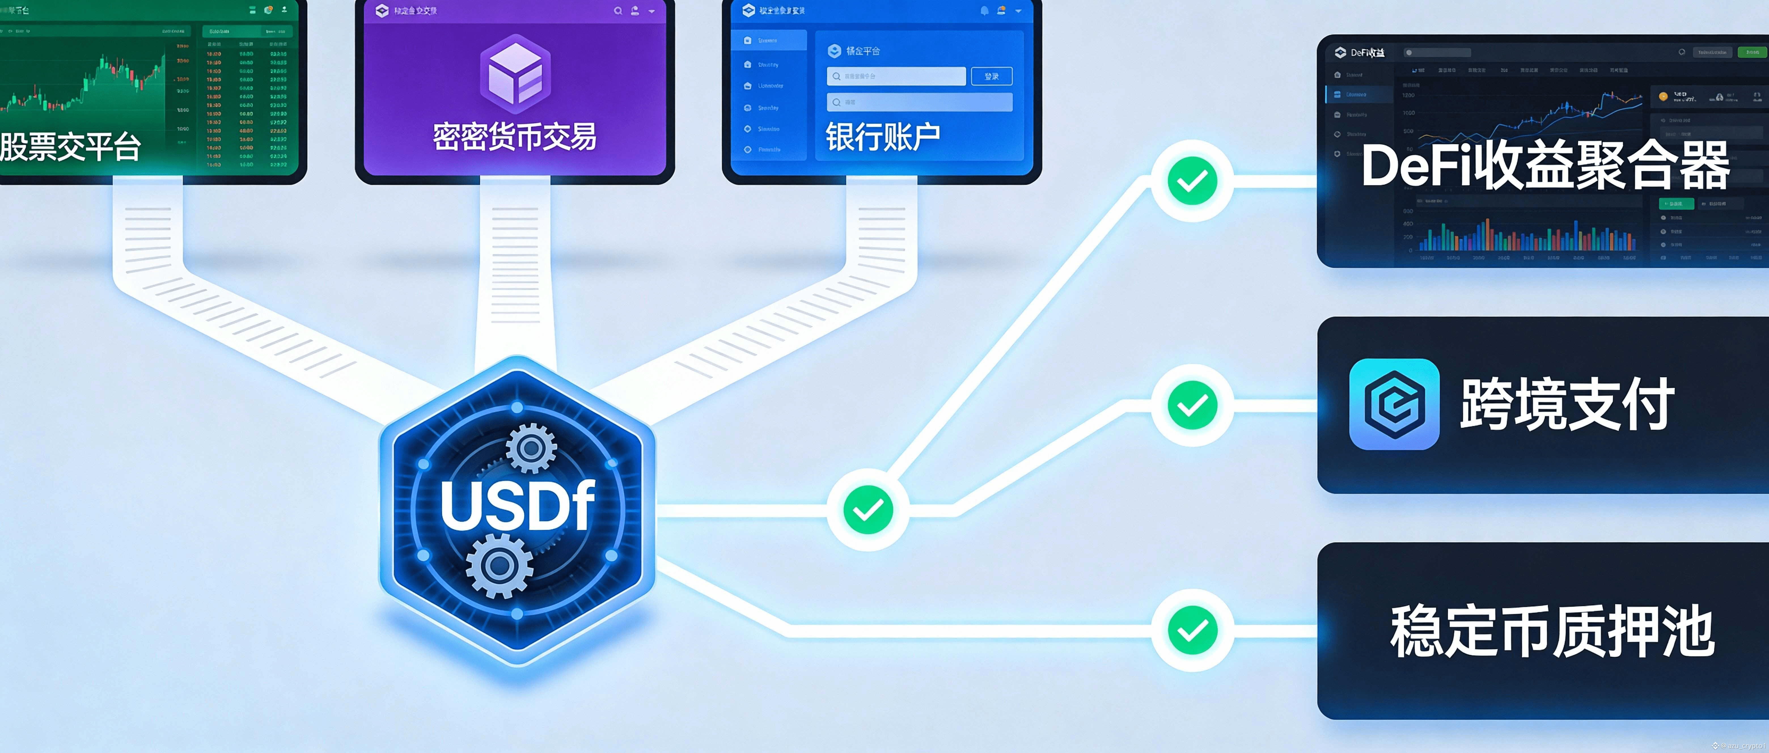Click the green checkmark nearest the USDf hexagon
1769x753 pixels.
tap(868, 510)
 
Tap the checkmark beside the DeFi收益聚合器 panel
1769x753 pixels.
tap(1192, 181)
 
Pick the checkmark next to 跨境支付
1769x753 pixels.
tap(1192, 405)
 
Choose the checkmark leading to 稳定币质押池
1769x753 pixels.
tap(1192, 630)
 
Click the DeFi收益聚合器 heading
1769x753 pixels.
tap(1545, 166)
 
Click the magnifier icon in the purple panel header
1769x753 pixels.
tap(617, 11)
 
